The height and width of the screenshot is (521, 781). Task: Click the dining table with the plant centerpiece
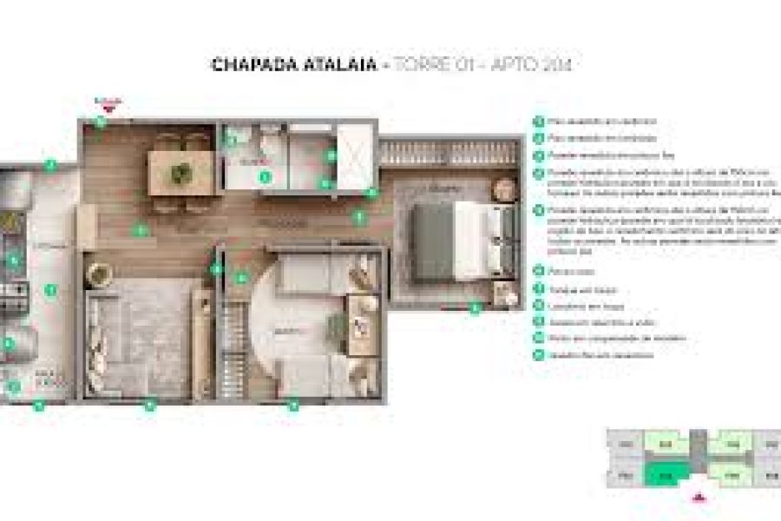click(181, 171)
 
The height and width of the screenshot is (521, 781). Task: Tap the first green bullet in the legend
click(539, 122)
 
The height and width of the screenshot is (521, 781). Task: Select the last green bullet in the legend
click(539, 354)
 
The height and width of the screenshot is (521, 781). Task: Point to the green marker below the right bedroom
click(475, 307)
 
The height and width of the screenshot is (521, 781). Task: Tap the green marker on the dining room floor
click(139, 230)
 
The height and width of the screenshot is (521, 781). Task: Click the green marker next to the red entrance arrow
click(101, 122)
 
